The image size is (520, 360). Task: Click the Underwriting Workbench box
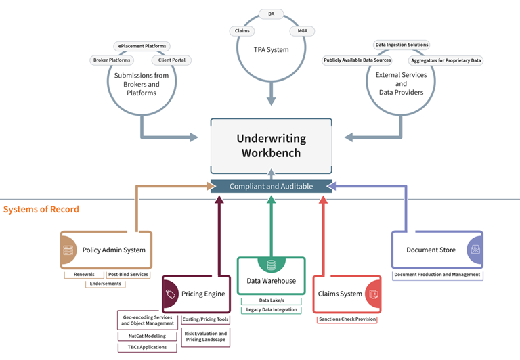[271, 145]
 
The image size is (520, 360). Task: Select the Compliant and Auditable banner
[271, 186]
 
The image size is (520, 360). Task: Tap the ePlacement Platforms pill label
[142, 46]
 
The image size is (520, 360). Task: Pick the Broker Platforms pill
[110, 60]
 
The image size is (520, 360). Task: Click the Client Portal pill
[171, 60]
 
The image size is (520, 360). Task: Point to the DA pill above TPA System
[271, 14]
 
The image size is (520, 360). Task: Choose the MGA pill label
[299, 31]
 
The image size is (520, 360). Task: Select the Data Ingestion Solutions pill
[402, 45]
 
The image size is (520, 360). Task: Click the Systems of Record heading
[41, 210]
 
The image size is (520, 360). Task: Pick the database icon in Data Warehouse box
[271, 265]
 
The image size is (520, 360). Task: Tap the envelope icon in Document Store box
[475, 250]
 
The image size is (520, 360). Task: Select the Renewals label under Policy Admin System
[84, 275]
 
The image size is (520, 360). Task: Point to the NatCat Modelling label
[147, 335]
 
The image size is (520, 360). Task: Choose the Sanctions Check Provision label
[347, 319]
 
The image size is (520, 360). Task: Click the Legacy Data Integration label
[271, 309]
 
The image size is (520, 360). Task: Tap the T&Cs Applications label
[147, 347]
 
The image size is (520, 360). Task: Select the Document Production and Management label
[437, 275]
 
